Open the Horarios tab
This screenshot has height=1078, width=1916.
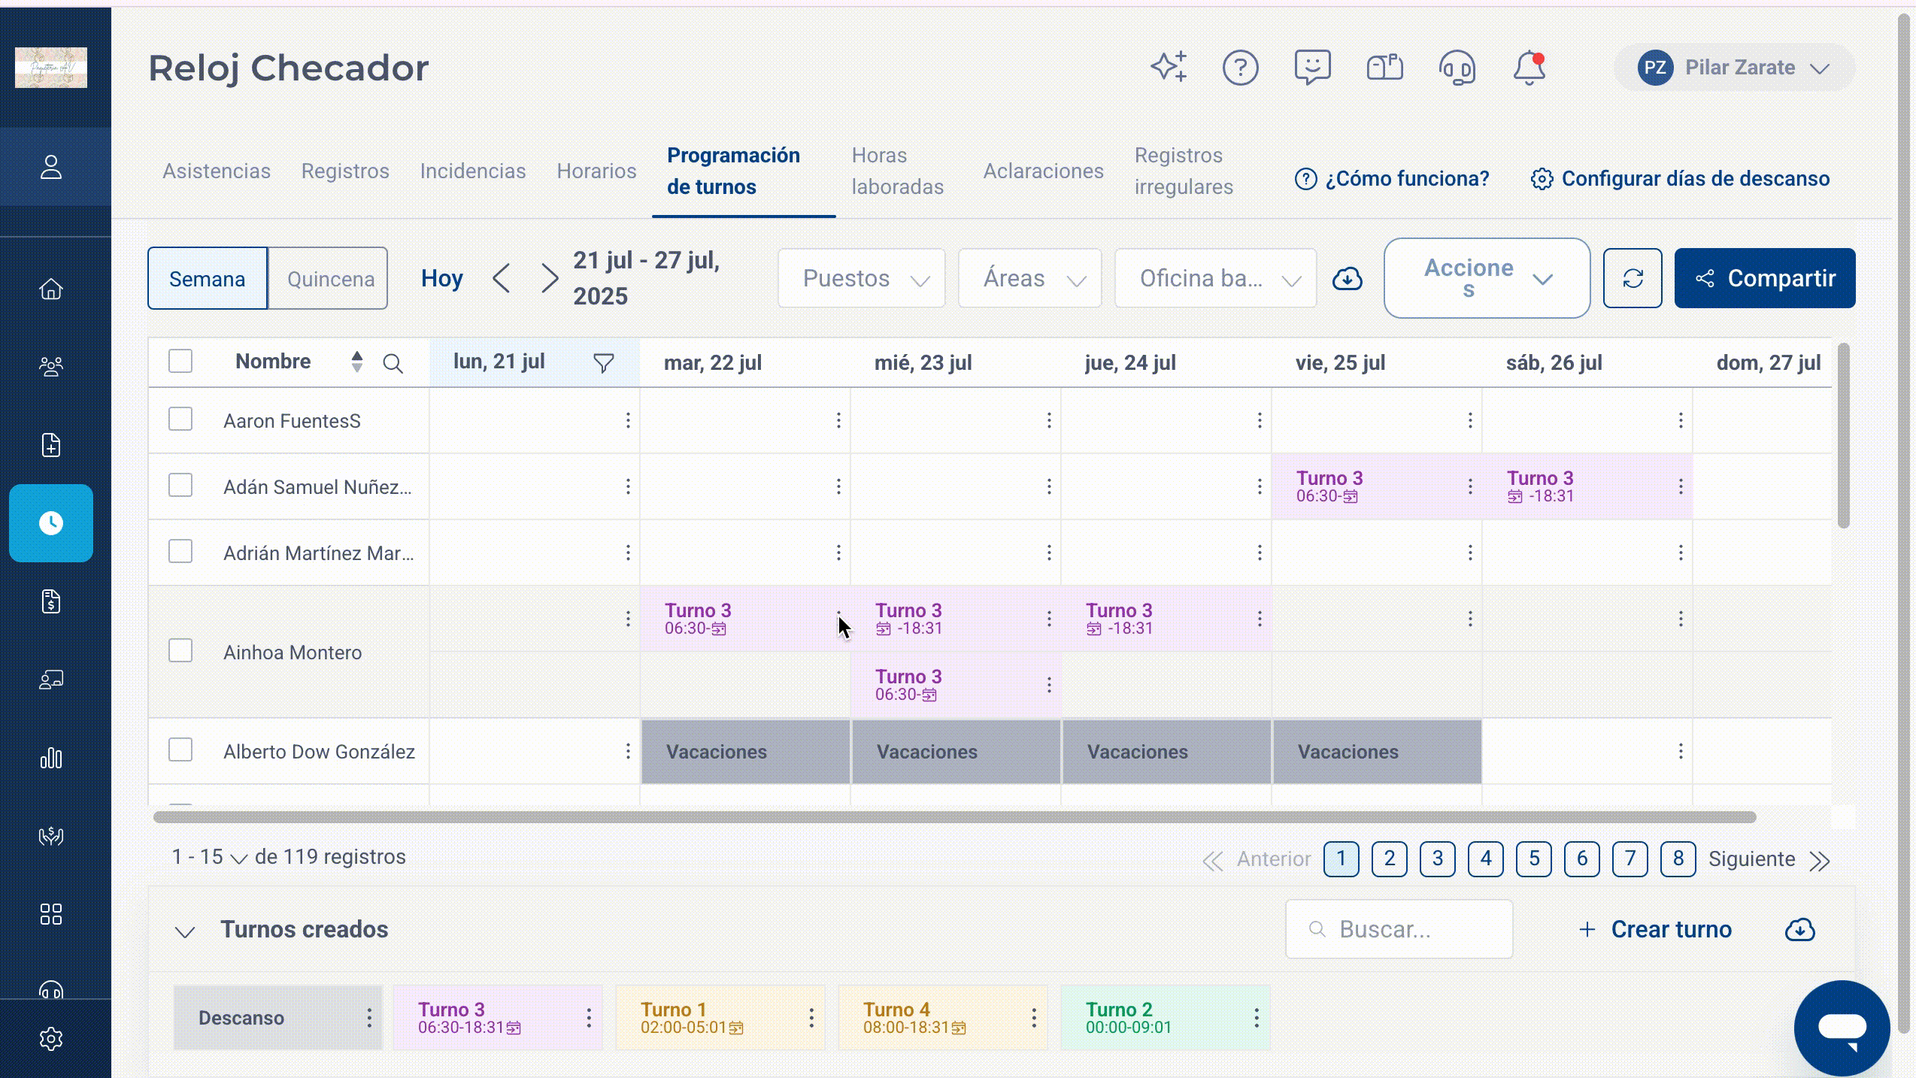point(596,171)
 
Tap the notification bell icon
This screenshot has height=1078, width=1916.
point(1529,68)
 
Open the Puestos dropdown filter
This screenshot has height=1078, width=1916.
point(862,279)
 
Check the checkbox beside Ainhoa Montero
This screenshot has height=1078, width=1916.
point(180,651)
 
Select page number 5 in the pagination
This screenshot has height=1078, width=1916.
point(1534,858)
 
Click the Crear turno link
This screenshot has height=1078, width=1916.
point(1655,930)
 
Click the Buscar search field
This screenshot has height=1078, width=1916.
point(1399,930)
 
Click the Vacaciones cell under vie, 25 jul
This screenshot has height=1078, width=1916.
point(1377,752)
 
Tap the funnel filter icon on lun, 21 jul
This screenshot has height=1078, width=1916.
point(604,363)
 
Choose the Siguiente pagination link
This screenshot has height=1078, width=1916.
point(1751,859)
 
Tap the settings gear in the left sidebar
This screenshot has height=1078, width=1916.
point(51,1039)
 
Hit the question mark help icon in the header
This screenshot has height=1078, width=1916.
point(1240,68)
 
